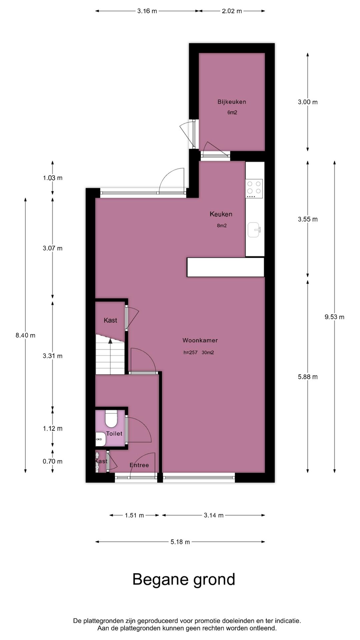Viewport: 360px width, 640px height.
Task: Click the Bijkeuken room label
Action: [232, 102]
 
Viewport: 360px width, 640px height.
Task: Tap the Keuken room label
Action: [221, 214]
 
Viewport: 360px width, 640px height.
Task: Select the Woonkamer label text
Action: [200, 340]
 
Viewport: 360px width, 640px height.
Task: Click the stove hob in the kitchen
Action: [254, 187]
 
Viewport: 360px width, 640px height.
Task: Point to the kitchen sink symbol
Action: [254, 230]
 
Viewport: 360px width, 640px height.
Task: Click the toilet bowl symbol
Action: [111, 419]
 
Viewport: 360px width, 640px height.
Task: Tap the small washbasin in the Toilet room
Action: [100, 439]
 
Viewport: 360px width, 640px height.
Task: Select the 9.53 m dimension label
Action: [334, 317]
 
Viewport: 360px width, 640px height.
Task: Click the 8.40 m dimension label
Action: [25, 335]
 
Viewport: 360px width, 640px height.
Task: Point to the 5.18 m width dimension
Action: [180, 542]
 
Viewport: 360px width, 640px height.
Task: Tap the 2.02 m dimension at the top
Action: [232, 11]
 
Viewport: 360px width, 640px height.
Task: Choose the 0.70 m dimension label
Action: [52, 461]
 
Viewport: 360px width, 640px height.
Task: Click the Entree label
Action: [139, 465]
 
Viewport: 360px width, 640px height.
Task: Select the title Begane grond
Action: [184, 579]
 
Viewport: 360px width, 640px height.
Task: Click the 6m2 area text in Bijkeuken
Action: [232, 113]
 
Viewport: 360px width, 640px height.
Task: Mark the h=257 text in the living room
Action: [190, 353]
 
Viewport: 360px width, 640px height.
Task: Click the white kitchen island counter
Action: [225, 267]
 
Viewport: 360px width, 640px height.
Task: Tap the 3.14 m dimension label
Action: [213, 515]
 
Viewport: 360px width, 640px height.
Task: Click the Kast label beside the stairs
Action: [110, 320]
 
